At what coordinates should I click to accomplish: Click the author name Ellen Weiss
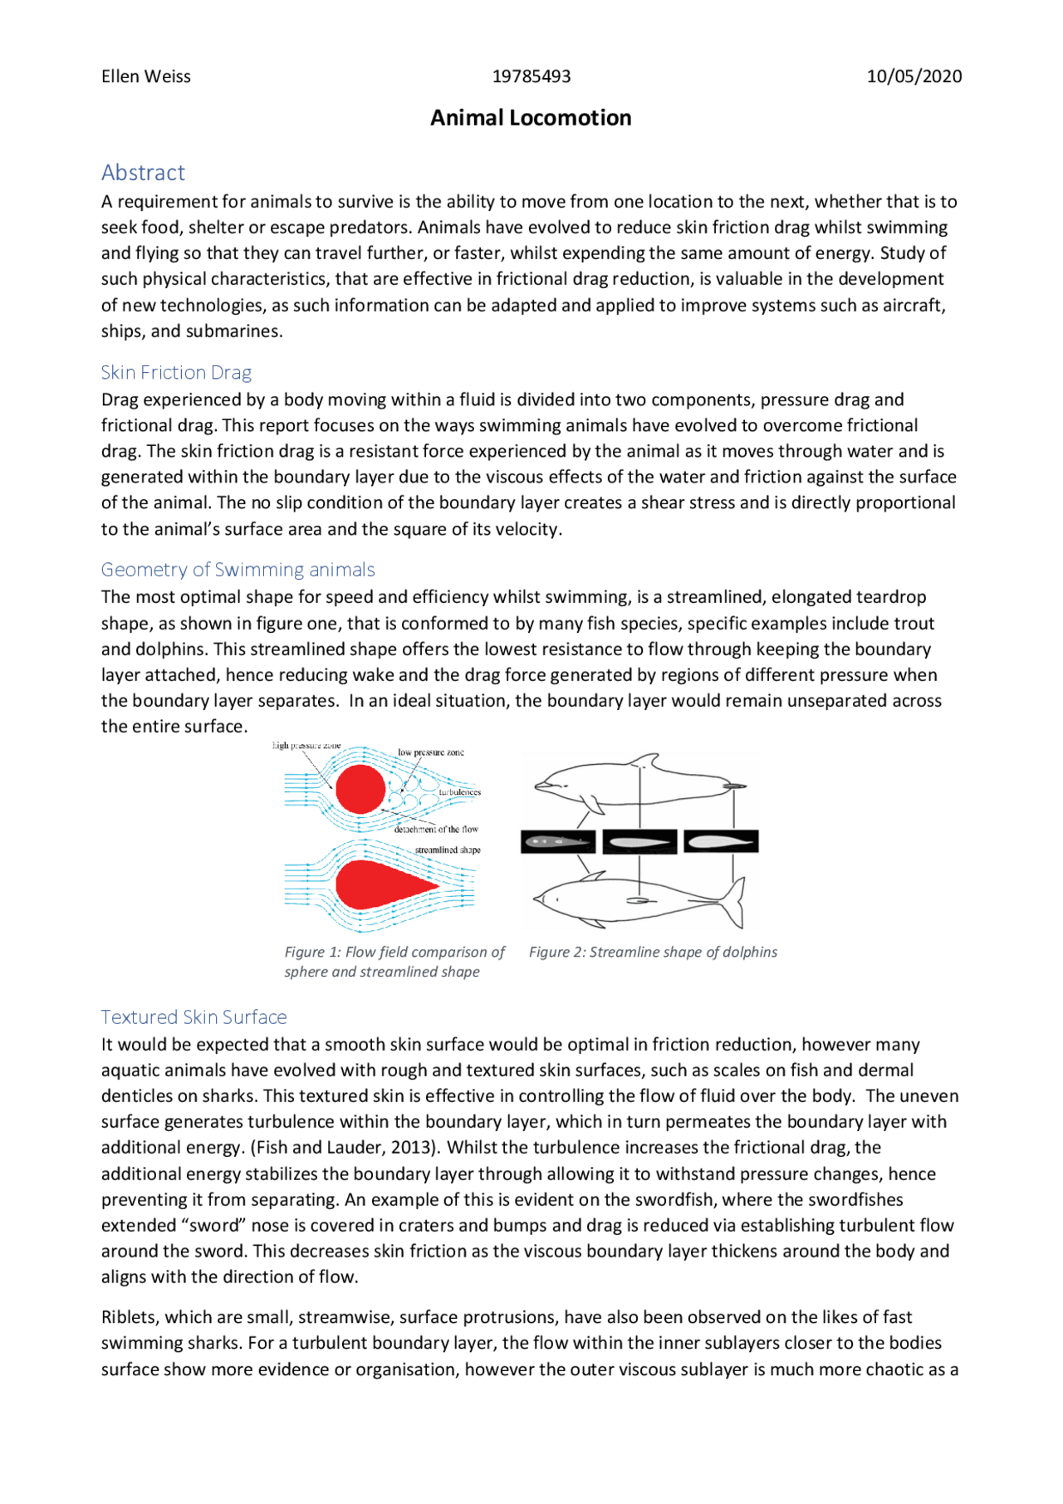click(145, 76)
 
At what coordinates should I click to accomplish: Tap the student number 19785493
click(531, 76)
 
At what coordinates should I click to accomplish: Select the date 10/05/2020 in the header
click(914, 76)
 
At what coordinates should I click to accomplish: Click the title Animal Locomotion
click(531, 118)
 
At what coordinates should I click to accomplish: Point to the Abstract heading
click(143, 173)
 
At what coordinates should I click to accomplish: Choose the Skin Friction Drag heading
click(176, 372)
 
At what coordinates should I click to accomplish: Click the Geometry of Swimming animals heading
click(238, 570)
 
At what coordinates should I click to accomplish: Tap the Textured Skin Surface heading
click(193, 1017)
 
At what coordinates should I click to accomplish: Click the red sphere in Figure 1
click(360, 789)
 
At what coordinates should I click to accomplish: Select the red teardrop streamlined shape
click(378, 884)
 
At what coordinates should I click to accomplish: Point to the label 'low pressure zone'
click(430, 752)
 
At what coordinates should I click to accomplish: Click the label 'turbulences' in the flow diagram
click(459, 791)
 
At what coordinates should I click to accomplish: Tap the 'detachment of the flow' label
click(436, 829)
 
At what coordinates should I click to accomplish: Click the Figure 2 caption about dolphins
click(653, 953)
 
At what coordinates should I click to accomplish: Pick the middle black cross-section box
click(639, 842)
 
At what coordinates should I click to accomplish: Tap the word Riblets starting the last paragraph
click(130, 1317)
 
